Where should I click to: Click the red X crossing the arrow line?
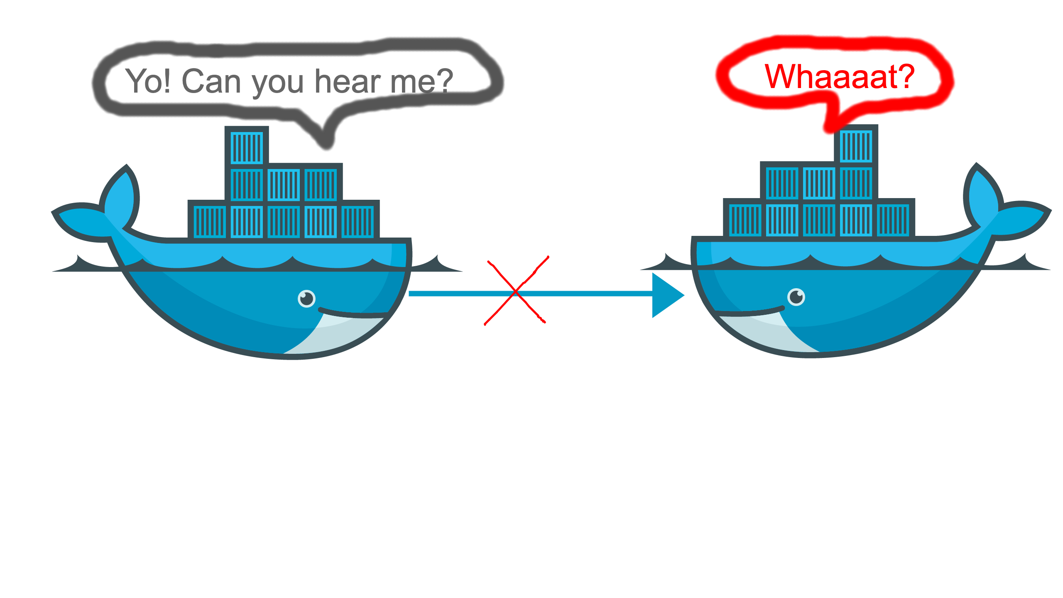pos(516,292)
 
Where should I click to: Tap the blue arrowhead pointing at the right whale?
pos(666,295)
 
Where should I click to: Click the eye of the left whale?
pos(307,298)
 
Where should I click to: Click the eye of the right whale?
pos(796,297)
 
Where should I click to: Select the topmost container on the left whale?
pos(247,147)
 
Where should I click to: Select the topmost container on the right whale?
pos(856,146)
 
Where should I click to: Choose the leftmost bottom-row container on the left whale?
pos(210,222)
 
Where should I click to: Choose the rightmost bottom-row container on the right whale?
pos(893,221)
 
